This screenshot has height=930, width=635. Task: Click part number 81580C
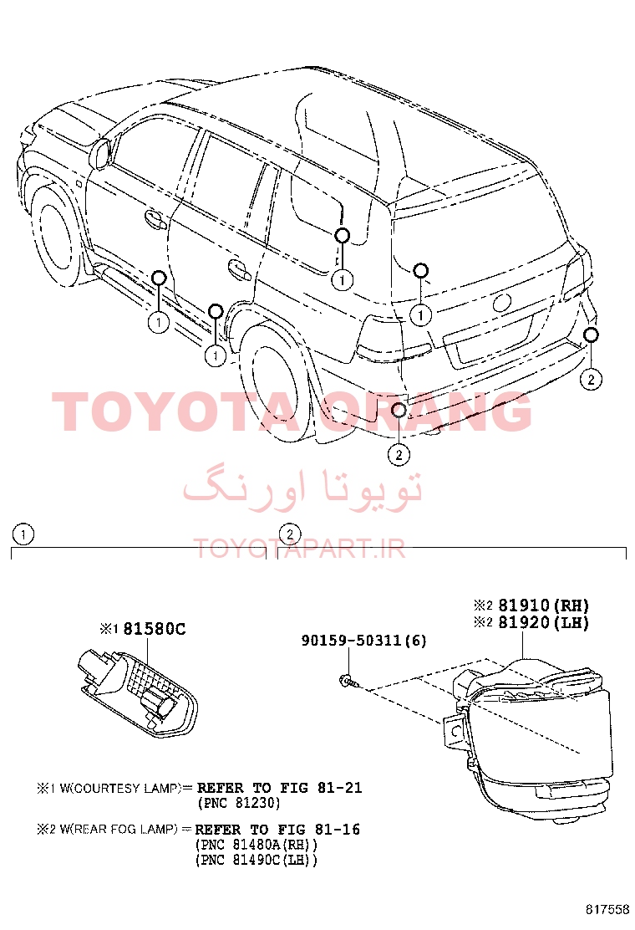coord(154,629)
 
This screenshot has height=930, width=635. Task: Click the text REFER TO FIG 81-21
coord(279,788)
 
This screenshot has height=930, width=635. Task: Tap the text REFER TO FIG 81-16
coord(277,829)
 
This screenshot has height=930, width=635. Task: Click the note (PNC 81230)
coord(238,803)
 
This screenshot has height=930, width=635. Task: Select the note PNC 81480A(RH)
coord(256,845)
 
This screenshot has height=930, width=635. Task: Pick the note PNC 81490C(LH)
coord(256,860)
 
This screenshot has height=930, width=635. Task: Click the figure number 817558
coord(607,909)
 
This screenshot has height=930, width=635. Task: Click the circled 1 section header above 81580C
coord(23,535)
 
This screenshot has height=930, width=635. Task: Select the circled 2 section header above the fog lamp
coord(290,534)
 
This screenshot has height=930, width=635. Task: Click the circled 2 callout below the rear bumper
coord(399,455)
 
